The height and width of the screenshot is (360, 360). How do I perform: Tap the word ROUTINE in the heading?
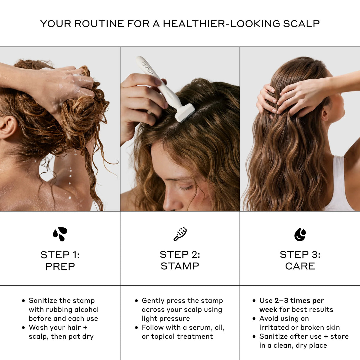click(99, 24)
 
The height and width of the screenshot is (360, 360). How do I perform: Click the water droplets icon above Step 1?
click(60, 234)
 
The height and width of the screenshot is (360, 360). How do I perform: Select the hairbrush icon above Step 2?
click(180, 234)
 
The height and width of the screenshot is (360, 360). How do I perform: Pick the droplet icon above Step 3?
click(300, 234)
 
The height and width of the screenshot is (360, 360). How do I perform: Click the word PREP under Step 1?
click(60, 266)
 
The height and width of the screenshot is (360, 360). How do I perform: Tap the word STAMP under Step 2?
click(180, 266)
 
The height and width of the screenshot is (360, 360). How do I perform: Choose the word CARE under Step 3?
click(300, 266)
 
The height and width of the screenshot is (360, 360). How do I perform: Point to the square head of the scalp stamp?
click(185, 112)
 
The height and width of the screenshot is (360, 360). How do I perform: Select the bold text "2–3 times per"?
click(299, 301)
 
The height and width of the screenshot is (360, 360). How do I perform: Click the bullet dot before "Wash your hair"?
click(23, 328)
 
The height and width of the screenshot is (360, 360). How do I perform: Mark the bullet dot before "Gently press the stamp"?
click(136, 301)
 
